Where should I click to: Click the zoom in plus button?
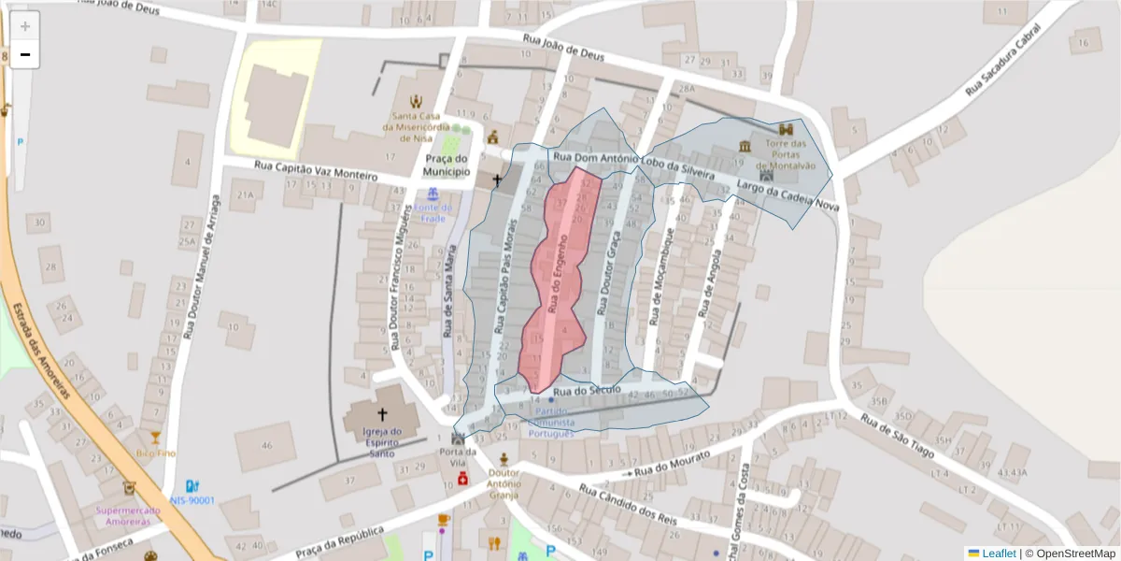click(x=25, y=26)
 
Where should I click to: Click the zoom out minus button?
click(x=25, y=54)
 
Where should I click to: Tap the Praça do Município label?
click(x=445, y=165)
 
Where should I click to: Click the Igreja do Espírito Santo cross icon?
click(x=381, y=412)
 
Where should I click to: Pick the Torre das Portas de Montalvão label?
click(x=785, y=154)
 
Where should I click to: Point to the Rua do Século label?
click(x=587, y=389)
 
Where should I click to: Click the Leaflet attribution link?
click(x=998, y=554)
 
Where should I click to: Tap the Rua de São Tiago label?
click(x=897, y=435)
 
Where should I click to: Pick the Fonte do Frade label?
click(x=433, y=212)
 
